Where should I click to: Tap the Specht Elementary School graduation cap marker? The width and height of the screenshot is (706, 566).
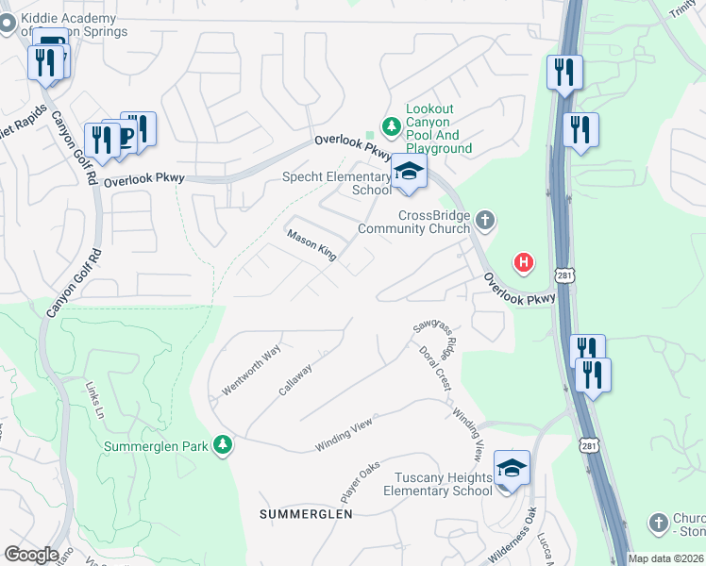pos(409,173)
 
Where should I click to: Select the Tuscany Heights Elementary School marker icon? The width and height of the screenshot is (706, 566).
pos(511,469)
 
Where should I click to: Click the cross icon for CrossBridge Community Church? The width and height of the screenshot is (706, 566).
pos(485,222)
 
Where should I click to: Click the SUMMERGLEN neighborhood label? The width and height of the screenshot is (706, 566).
pos(306,514)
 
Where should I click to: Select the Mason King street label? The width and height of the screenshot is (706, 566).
pos(311,246)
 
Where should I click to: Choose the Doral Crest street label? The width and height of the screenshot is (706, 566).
pos(435,368)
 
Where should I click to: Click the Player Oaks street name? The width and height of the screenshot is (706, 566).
pos(360,481)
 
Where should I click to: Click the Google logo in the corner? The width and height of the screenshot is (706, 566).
pos(31,555)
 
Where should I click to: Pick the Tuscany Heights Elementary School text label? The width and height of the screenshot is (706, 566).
pos(437,484)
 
